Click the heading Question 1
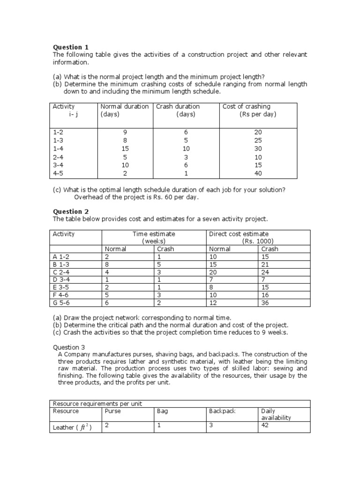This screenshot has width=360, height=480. pos(70,47)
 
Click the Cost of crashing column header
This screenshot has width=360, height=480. pos(247,106)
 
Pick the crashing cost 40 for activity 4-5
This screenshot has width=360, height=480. pos(258,173)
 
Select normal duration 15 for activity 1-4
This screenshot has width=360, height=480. pos(125,149)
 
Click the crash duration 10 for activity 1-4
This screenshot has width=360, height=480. pos(186,149)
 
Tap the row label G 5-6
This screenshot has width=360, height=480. pos(62,302)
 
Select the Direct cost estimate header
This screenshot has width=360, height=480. pos(239,234)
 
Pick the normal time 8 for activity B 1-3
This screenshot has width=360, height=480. pos(106,264)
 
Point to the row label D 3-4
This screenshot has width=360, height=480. pos(62,279)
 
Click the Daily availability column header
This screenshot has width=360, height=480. pos(276,414)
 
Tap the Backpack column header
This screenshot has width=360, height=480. pos(222,411)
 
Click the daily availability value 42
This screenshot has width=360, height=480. pos(265,425)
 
